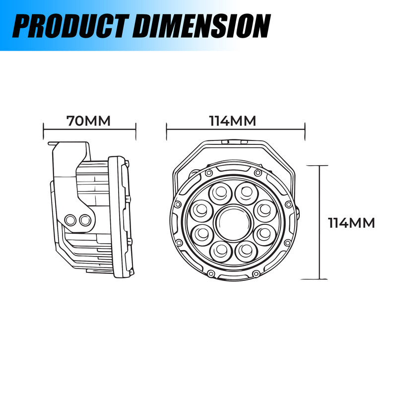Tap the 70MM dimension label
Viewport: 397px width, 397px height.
point(88,121)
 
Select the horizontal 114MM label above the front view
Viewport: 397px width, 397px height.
point(232,121)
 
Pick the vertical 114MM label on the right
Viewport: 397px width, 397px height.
point(351,223)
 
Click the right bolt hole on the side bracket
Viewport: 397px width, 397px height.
point(85,219)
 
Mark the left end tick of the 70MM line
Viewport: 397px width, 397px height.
point(44,131)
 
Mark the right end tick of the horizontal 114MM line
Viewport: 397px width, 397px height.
point(304,131)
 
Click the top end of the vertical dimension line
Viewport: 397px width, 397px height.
point(320,166)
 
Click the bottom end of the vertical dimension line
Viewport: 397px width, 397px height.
point(320,280)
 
